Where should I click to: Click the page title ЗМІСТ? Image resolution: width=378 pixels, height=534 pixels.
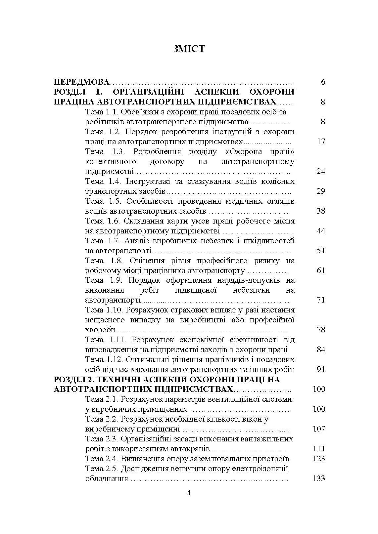tap(189, 49)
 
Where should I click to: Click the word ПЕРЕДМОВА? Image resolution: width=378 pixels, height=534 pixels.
tap(81, 82)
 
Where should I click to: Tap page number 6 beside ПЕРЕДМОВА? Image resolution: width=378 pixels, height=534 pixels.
tap(323, 82)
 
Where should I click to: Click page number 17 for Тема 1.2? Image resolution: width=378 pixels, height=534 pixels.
tap(321, 142)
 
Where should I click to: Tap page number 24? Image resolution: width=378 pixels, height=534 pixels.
tap(321, 171)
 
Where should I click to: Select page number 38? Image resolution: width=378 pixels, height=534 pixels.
tap(321, 211)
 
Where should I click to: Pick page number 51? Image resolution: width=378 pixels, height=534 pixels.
tap(321, 251)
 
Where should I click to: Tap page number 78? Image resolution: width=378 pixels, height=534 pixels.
tap(321, 330)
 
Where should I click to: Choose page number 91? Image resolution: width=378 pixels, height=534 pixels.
tap(321, 369)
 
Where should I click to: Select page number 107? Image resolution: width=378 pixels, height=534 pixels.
tap(319, 429)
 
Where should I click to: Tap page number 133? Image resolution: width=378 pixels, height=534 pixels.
tap(319, 478)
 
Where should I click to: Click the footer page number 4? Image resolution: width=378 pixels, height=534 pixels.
tap(189, 493)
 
